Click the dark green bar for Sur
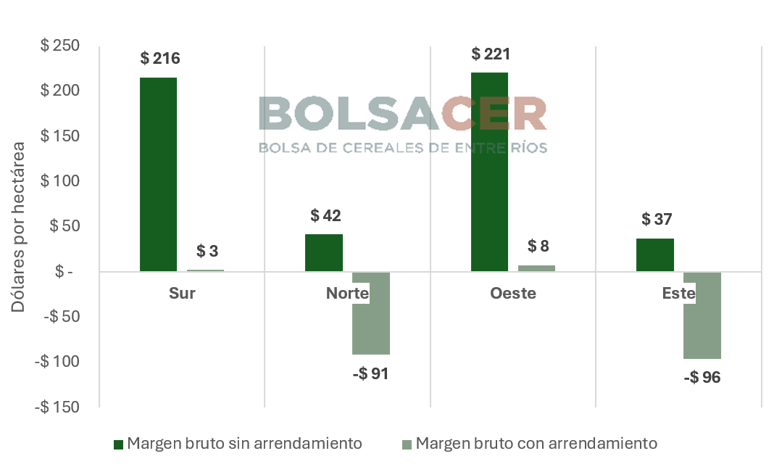click(x=159, y=174)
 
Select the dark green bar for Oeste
click(x=489, y=172)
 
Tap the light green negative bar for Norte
click(x=371, y=313)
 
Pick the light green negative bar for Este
click(x=702, y=315)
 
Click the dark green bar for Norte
click(x=324, y=252)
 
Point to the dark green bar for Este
click(x=655, y=254)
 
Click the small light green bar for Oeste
click(x=536, y=268)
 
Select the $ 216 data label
click(x=160, y=59)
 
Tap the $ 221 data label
click(x=491, y=54)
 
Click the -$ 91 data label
click(x=370, y=374)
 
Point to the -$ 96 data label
click(x=702, y=378)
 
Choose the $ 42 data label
click(x=325, y=215)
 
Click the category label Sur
click(x=182, y=294)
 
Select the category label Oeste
click(x=512, y=294)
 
